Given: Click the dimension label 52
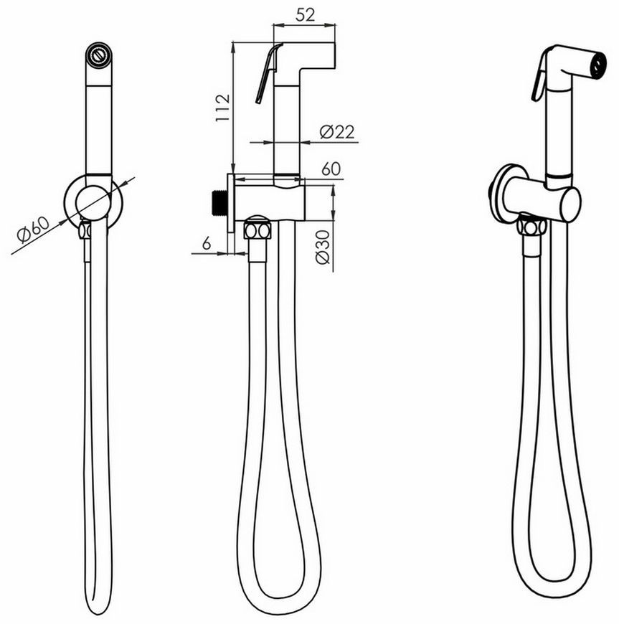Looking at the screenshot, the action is [x=306, y=15].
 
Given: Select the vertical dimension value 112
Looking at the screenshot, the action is [x=222, y=108].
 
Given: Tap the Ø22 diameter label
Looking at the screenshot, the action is [x=337, y=132].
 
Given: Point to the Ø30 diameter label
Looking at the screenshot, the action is [x=323, y=247].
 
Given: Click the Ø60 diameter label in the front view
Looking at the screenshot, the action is [x=33, y=230].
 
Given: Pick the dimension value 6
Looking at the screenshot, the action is [x=206, y=242].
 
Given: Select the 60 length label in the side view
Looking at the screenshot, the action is [x=331, y=169].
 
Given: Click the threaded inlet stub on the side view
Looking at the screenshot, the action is [x=218, y=203].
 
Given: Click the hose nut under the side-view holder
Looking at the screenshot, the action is [x=257, y=230].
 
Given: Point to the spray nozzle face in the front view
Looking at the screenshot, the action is [x=98, y=55].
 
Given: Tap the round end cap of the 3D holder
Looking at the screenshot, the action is [x=570, y=204].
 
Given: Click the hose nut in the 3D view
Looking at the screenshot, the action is [x=530, y=227].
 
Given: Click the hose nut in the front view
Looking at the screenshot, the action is [x=85, y=230].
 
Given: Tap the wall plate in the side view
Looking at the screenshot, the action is [x=231, y=203].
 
